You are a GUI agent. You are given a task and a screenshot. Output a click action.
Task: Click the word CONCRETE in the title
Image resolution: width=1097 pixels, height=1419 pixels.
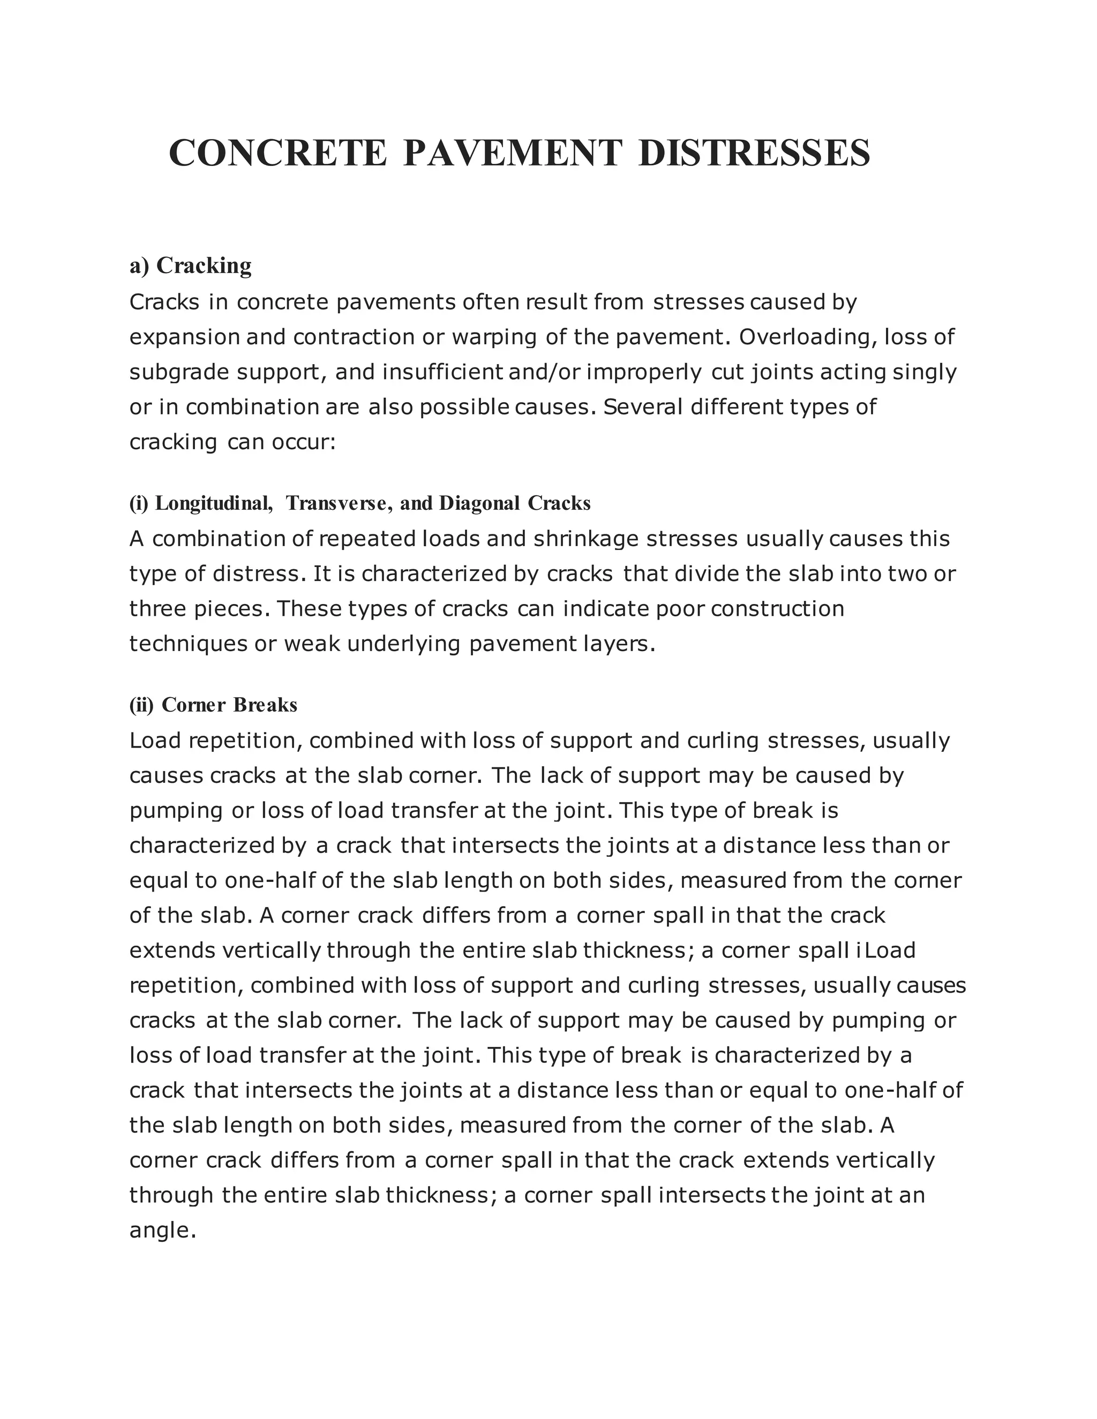coord(277,153)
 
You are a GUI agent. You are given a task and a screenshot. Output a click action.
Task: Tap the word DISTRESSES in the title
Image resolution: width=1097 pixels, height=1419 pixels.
coord(754,153)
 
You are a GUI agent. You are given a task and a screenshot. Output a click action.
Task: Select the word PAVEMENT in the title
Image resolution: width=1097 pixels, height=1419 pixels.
coord(512,153)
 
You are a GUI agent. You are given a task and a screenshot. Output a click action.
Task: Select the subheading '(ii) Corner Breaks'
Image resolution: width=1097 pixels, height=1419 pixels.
coord(213,705)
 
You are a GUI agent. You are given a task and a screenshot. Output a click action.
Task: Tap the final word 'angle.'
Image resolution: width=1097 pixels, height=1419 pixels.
coord(162,1230)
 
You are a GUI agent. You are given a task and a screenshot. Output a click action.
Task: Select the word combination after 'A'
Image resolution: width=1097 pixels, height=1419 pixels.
coord(217,539)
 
